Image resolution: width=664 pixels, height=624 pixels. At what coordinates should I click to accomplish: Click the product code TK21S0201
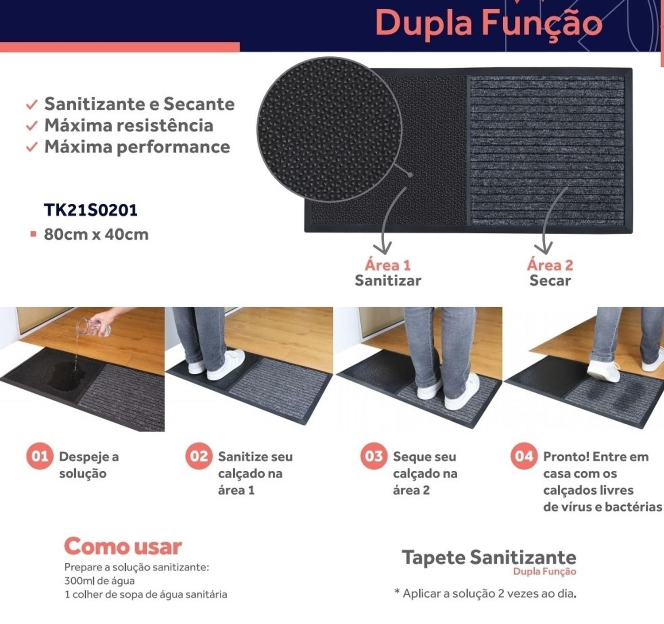[91, 210]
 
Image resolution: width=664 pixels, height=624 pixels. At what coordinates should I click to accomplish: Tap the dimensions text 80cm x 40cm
[96, 235]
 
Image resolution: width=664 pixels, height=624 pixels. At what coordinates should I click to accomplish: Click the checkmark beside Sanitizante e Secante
[32, 105]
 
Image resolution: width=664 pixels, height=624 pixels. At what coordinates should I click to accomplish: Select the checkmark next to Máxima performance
[32, 147]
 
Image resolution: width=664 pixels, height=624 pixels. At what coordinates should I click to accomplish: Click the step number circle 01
[40, 456]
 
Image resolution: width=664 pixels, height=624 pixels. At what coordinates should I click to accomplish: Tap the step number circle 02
[199, 456]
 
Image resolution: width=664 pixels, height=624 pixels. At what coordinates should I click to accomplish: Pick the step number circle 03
[374, 456]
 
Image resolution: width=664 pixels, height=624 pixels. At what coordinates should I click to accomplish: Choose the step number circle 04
[524, 456]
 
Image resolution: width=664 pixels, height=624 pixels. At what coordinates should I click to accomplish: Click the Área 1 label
[387, 265]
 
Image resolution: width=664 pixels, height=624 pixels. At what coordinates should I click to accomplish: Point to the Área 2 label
[550, 265]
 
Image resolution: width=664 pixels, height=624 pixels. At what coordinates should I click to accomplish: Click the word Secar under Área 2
[550, 280]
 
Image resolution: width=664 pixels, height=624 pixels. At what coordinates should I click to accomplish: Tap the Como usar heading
[123, 546]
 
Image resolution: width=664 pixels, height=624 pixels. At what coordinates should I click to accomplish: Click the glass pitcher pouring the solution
[93, 327]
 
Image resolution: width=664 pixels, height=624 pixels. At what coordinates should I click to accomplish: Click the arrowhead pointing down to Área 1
[382, 248]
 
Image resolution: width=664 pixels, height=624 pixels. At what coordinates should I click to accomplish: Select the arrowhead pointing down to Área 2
[543, 248]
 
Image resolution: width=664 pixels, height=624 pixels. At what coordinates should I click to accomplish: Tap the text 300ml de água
[100, 581]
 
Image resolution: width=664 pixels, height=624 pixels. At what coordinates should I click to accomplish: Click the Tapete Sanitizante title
[489, 558]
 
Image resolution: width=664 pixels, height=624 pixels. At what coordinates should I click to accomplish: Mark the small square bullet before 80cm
[33, 234]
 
